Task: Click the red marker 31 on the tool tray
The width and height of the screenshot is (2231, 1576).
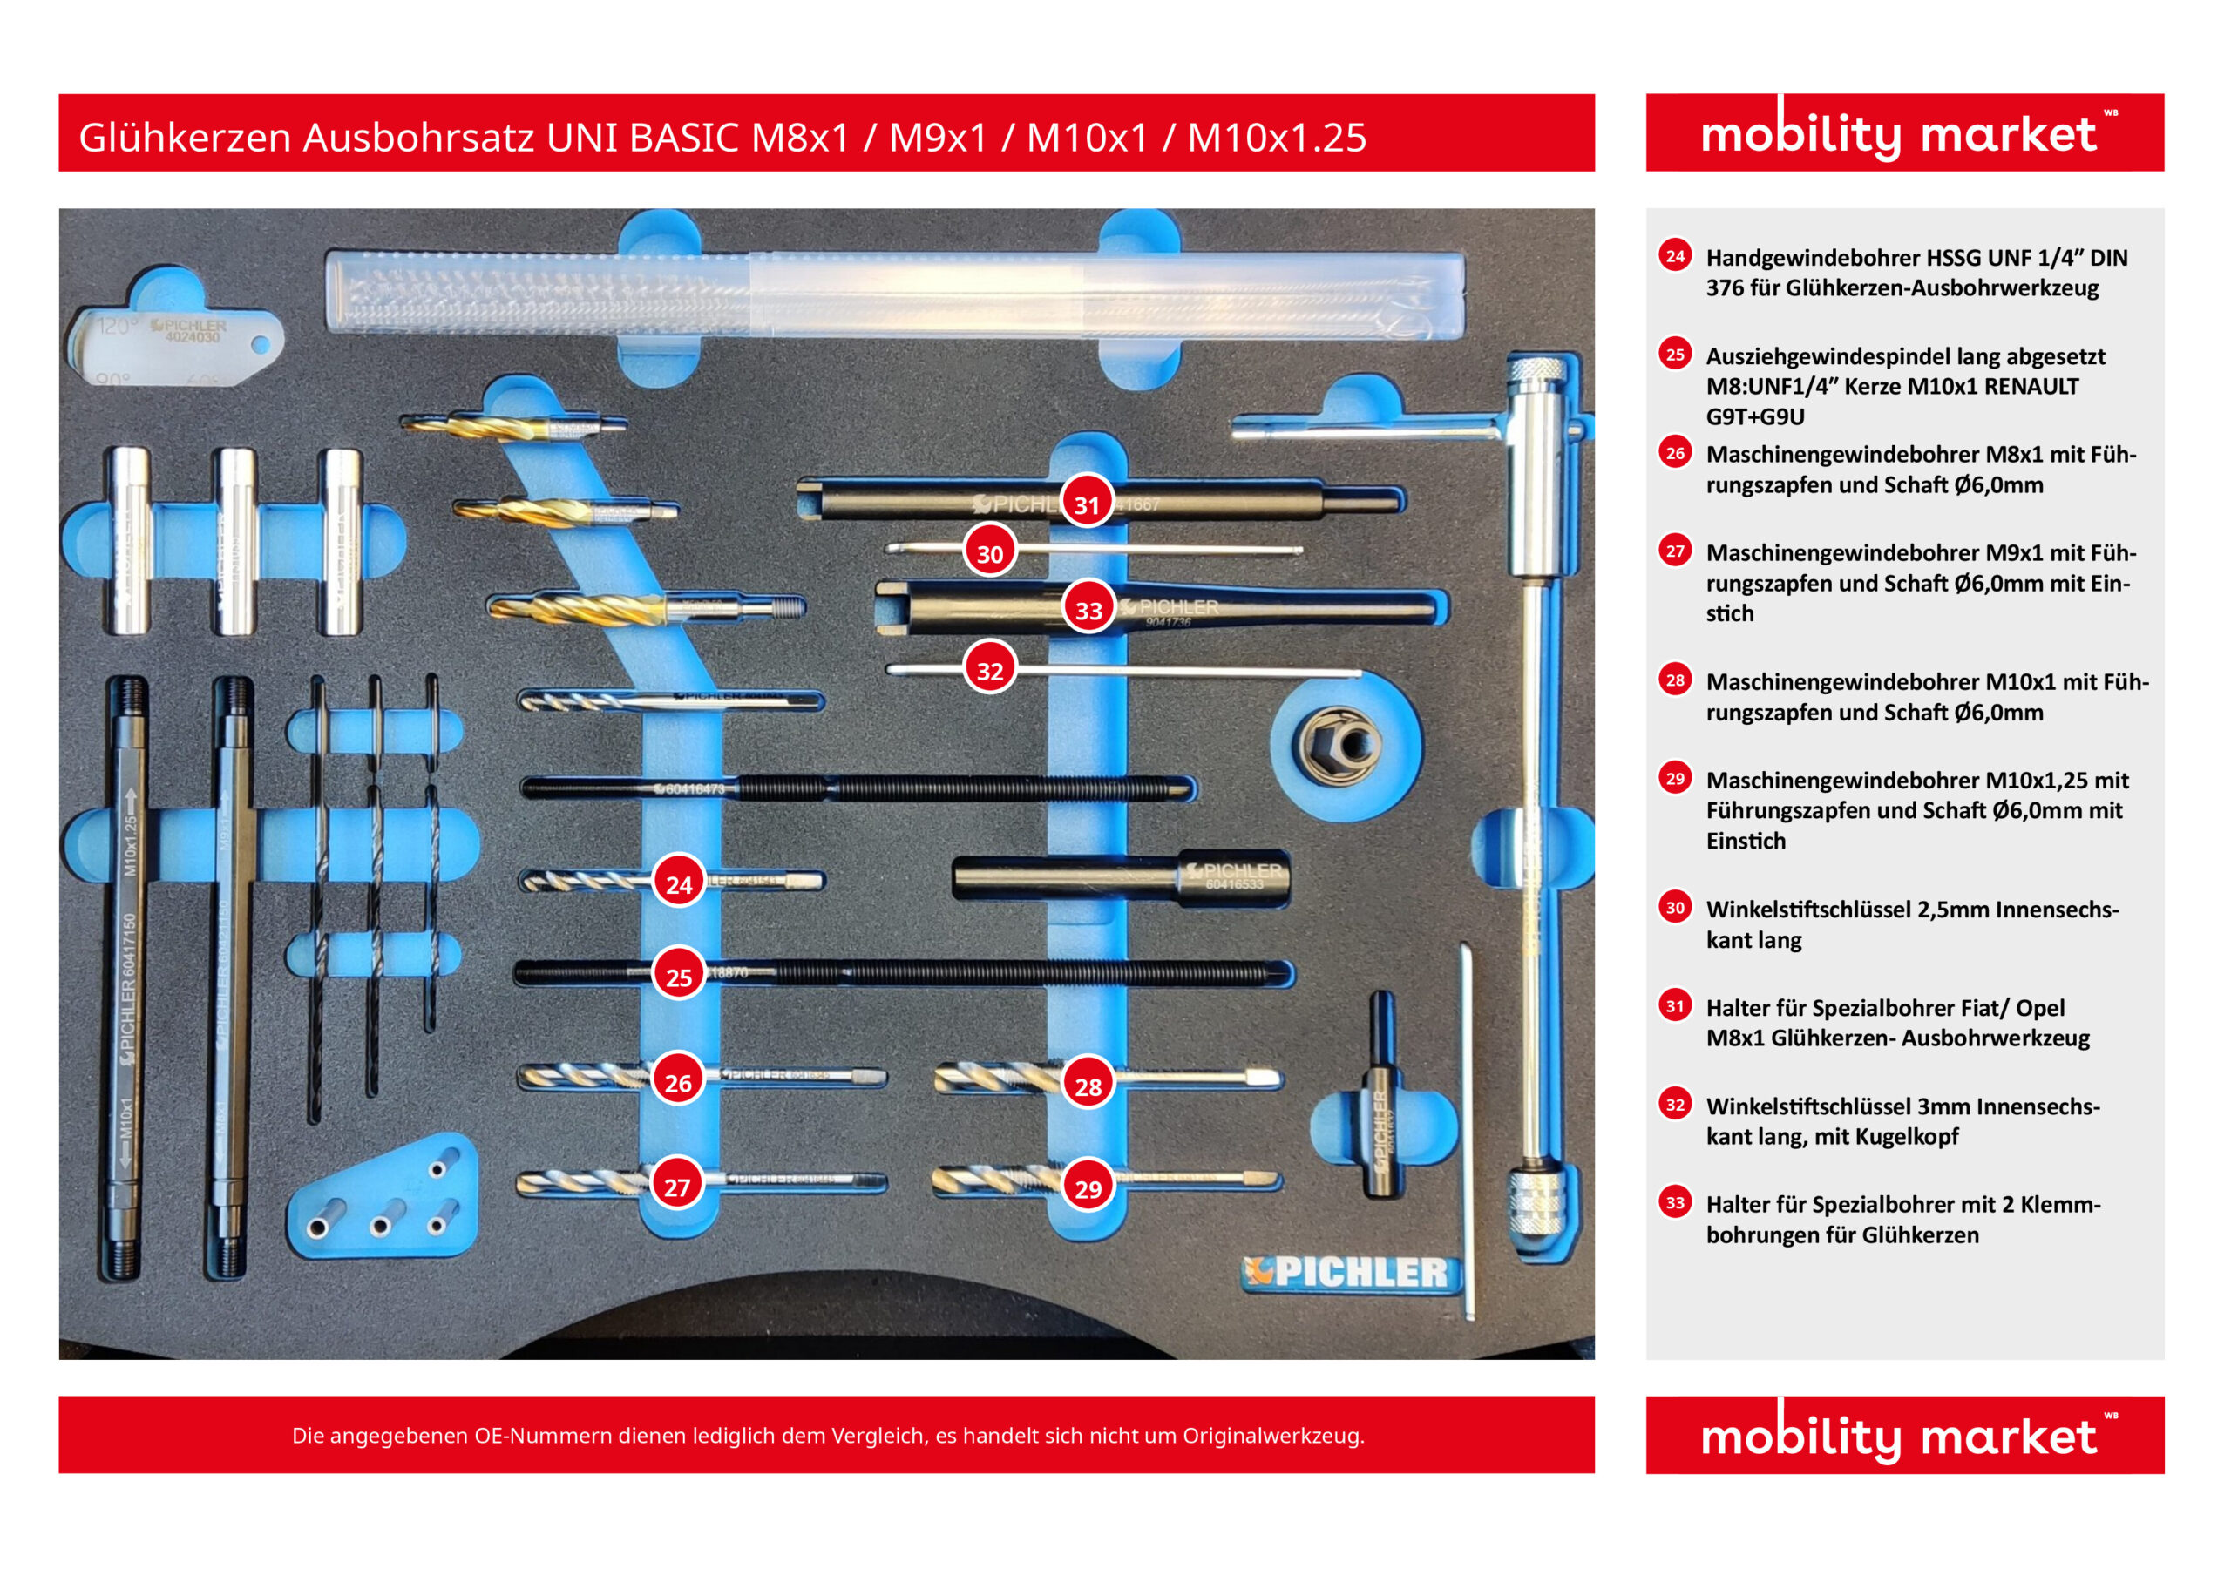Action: pos(1087,504)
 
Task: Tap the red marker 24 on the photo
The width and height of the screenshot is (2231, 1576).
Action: pos(678,883)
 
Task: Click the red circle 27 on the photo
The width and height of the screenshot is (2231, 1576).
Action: pos(676,1186)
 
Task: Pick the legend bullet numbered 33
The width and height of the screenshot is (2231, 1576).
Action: pos(1674,1202)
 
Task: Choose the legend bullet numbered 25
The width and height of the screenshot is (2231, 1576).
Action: pos(1674,354)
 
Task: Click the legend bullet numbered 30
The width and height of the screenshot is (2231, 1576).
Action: pos(1674,908)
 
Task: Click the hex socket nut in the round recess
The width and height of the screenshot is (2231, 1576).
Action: pos(1337,745)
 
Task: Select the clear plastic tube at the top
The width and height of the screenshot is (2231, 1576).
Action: pos(894,294)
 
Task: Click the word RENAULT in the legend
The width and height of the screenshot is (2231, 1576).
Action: pos(2030,387)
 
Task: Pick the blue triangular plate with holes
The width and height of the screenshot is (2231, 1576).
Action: pos(383,1200)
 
